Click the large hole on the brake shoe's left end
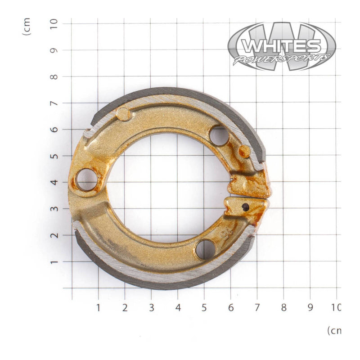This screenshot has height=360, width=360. coord(86,180)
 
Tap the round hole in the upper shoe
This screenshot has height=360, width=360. coord(219,136)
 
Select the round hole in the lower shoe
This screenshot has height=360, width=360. coord(206,249)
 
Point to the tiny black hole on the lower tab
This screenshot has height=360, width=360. coord(245,207)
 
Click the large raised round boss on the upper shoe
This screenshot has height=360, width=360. coord(123,114)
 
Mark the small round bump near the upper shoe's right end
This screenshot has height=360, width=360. coord(244,151)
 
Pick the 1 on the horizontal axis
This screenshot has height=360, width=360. coord(98,308)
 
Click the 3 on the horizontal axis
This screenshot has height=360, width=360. coord(151,308)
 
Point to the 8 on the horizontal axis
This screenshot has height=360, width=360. coord(283,308)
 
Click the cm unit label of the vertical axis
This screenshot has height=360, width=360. coord(27,27)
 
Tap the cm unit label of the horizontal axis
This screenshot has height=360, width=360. coord(333,331)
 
